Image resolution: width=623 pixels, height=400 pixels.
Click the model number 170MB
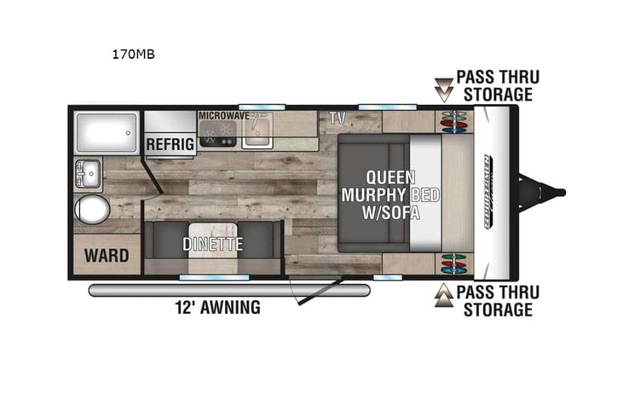(133, 55)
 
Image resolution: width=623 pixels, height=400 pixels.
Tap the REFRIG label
(168, 144)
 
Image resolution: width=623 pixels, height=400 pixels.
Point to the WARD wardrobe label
(107, 255)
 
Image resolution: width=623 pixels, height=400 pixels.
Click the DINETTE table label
(212, 244)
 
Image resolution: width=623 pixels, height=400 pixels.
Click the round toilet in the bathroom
(92, 209)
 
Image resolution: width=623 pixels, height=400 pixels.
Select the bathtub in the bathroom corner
(107, 132)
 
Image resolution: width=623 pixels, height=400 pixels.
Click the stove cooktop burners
(216, 132)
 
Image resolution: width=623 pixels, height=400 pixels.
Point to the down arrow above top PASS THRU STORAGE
(444, 86)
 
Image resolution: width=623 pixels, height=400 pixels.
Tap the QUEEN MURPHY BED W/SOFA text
(390, 195)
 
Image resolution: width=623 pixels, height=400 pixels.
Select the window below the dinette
(202, 277)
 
